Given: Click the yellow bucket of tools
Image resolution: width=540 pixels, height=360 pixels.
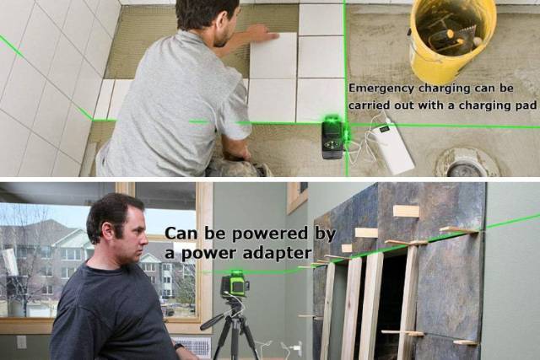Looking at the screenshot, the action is (x=452, y=37).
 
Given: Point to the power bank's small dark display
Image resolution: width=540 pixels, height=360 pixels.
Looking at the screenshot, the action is (x=384, y=129).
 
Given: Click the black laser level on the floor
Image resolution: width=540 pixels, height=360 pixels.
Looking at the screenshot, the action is (x=333, y=138).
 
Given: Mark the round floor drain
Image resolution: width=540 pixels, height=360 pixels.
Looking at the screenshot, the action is (x=467, y=164).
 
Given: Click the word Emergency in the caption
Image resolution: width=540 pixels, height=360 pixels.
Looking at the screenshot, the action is (x=382, y=89).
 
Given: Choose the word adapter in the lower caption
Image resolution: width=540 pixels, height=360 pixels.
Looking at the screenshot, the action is (x=278, y=253).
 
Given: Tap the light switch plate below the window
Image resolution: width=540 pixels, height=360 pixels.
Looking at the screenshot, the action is (x=22, y=342).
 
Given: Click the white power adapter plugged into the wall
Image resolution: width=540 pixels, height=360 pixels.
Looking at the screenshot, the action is (x=294, y=347).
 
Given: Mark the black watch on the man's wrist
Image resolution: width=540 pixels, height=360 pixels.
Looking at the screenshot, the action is (x=179, y=346).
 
